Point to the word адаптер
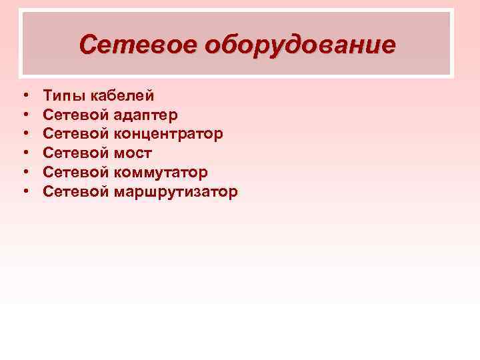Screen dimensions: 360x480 coord(146,116)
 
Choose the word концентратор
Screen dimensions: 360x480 coord(169,135)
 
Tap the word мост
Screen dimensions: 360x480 coord(133,154)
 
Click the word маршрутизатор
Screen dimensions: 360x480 coord(176,193)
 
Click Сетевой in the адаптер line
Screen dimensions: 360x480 coord(76,115)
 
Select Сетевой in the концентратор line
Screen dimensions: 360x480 coord(76,135)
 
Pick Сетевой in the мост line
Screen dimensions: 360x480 coord(76,154)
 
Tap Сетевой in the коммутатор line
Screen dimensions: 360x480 coord(76,173)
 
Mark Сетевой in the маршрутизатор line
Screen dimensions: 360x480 coord(76,192)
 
